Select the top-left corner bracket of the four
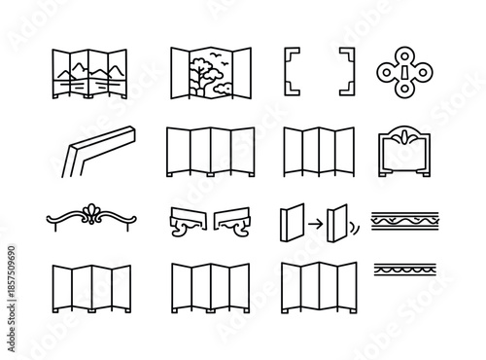[291, 55]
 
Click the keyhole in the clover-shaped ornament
[401, 73]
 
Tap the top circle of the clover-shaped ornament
[401, 53]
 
